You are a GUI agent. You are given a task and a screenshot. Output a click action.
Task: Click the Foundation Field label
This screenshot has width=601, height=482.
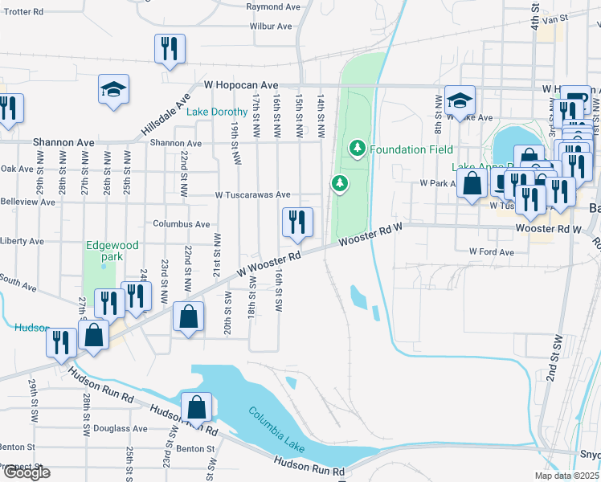click(411, 149)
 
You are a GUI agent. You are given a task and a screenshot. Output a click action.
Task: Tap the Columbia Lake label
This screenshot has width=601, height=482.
click(277, 425)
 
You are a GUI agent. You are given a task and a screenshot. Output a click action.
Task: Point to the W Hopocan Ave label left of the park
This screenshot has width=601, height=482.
click(240, 84)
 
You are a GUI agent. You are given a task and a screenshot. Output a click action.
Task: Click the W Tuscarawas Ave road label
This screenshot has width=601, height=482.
click(252, 194)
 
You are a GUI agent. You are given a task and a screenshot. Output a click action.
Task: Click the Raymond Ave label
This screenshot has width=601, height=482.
click(273, 6)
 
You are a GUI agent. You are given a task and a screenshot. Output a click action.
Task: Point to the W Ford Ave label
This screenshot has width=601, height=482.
click(492, 252)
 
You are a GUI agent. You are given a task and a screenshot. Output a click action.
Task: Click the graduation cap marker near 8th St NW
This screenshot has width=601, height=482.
click(460, 100)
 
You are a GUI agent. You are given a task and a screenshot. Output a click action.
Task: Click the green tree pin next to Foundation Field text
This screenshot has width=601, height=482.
click(357, 148)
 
